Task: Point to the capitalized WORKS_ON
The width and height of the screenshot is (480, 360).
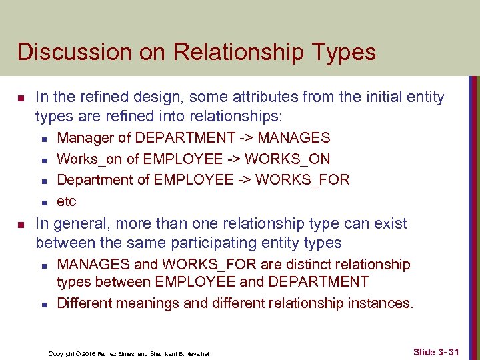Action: [x=293, y=159]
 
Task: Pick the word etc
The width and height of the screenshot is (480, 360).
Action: [x=67, y=201]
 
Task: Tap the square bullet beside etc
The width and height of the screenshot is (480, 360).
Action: [x=41, y=202]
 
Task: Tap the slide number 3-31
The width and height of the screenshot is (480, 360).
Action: [x=447, y=351]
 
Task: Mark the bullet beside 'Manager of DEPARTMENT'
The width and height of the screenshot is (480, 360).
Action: [x=41, y=139]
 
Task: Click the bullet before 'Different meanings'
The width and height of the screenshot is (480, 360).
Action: [x=41, y=304]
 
